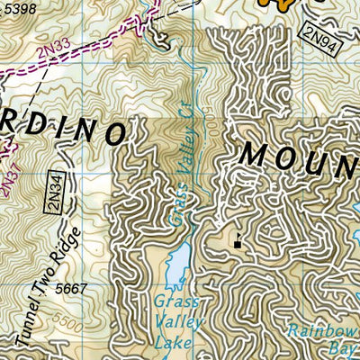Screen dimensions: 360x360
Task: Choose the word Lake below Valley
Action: tap(176, 339)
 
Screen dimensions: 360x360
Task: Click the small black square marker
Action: tap(238, 243)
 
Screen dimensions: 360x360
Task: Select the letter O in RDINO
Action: tap(113, 133)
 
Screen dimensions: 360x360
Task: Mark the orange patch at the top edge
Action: tap(279, 4)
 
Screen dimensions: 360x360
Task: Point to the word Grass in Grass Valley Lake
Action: tap(175, 301)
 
